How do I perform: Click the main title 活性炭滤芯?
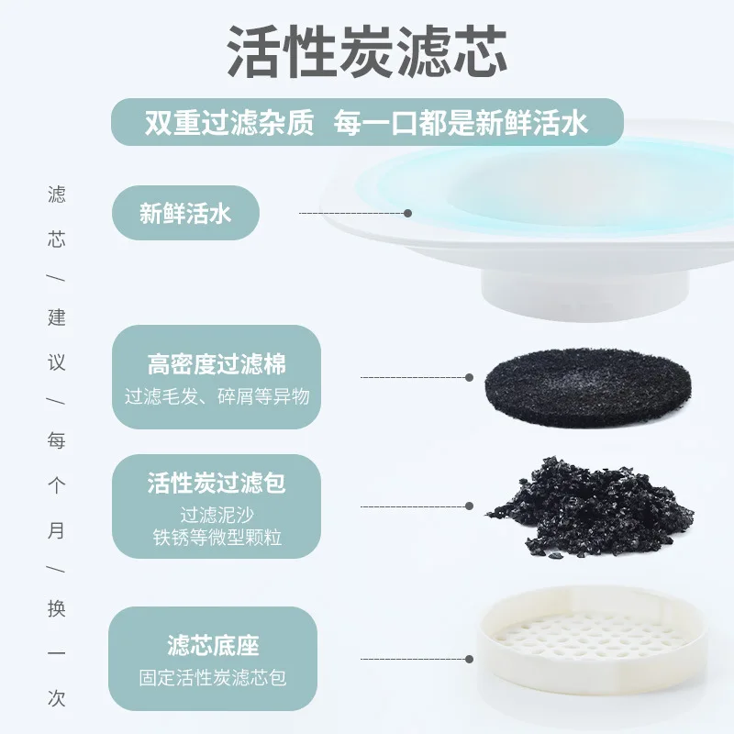(x=367, y=52)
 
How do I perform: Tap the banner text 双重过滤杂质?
(x=229, y=123)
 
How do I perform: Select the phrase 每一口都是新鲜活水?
(x=461, y=123)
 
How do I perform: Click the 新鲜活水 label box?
(x=185, y=213)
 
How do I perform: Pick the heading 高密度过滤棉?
(x=217, y=364)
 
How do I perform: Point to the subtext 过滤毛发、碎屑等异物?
(x=217, y=396)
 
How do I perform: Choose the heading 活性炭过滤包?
(x=217, y=483)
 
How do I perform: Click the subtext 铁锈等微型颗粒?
(x=217, y=537)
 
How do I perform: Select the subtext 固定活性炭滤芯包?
(x=213, y=678)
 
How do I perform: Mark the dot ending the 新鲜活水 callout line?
(x=408, y=213)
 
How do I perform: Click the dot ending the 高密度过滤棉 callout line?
(x=470, y=377)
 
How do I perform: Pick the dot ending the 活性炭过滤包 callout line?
(x=470, y=506)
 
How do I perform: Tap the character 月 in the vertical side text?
(x=57, y=530)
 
